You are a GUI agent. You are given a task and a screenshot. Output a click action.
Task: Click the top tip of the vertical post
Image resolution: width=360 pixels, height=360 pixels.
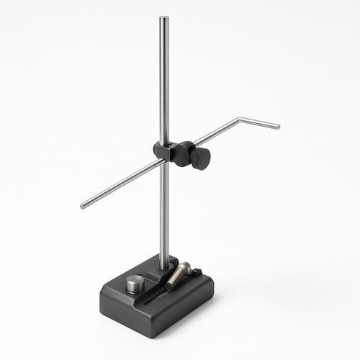tap(164, 18)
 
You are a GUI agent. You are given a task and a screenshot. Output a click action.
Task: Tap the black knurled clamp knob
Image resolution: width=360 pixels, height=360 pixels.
tap(201, 158)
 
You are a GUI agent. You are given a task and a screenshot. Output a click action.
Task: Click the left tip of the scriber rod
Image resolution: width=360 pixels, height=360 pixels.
tap(83, 206)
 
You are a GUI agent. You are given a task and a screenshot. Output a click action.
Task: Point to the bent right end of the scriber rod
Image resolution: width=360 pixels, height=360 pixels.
tap(276, 127)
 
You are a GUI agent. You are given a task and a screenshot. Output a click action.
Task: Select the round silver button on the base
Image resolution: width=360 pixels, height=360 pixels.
tap(135, 284)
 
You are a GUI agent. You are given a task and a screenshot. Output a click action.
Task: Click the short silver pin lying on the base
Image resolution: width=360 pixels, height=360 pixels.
tap(178, 276)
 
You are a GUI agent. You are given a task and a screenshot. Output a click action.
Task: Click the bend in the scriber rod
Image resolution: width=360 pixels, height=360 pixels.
tap(240, 120)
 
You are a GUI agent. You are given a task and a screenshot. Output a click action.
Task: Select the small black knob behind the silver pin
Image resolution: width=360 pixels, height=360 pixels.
tap(196, 272)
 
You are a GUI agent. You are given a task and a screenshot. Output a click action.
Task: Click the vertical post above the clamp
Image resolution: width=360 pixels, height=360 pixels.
tap(164, 79)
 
